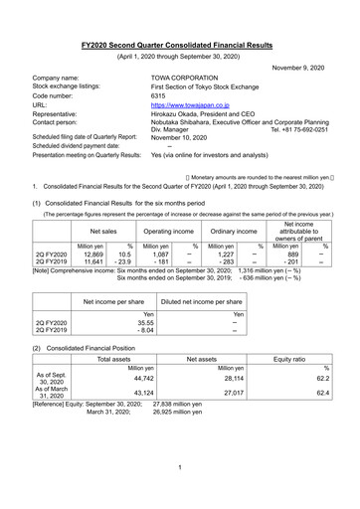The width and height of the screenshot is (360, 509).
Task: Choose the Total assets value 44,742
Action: click(115, 379)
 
